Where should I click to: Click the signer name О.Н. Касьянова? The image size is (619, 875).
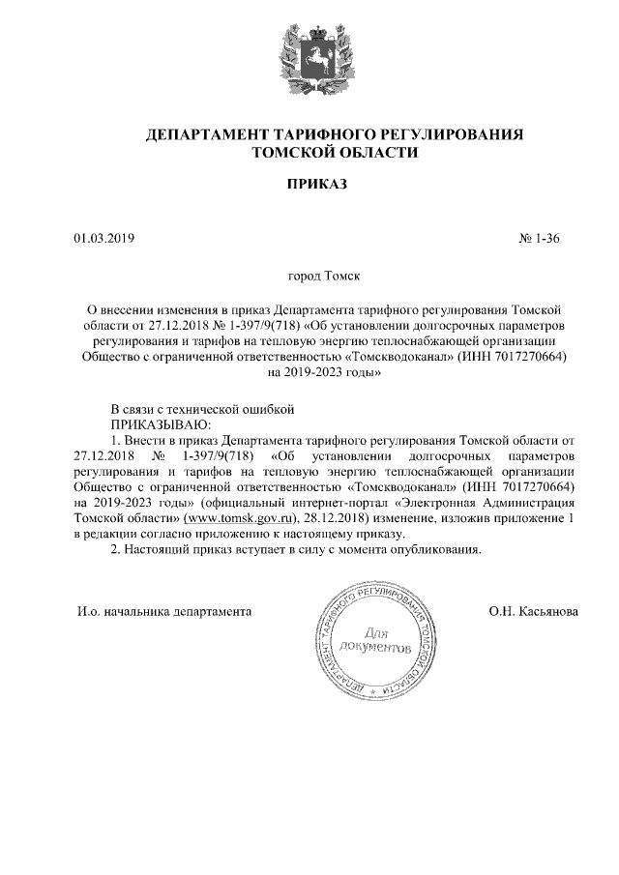tap(535, 611)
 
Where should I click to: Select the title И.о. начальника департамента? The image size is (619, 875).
tap(164, 611)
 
